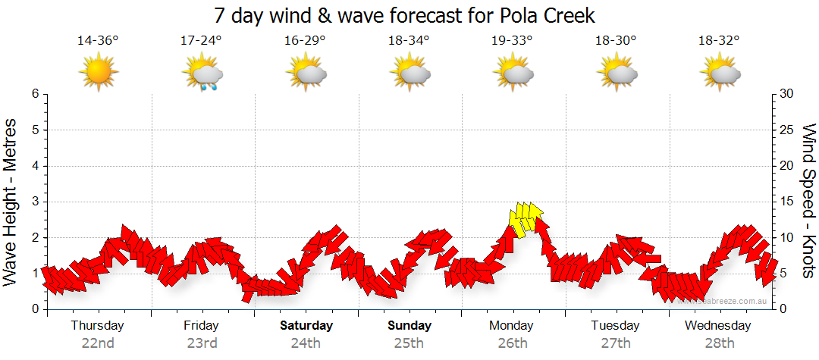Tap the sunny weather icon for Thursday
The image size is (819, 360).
(x=99, y=73)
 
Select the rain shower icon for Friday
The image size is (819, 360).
(x=202, y=74)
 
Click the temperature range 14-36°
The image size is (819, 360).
(x=98, y=40)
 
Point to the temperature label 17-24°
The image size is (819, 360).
(x=202, y=40)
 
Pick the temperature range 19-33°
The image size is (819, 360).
(x=513, y=40)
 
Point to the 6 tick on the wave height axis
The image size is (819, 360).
(x=34, y=94)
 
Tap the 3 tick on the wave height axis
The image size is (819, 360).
(x=34, y=202)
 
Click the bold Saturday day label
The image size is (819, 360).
(x=306, y=326)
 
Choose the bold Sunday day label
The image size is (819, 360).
(x=409, y=326)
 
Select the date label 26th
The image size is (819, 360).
(x=513, y=343)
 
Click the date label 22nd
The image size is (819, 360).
(x=98, y=343)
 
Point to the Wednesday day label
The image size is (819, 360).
(x=717, y=326)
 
